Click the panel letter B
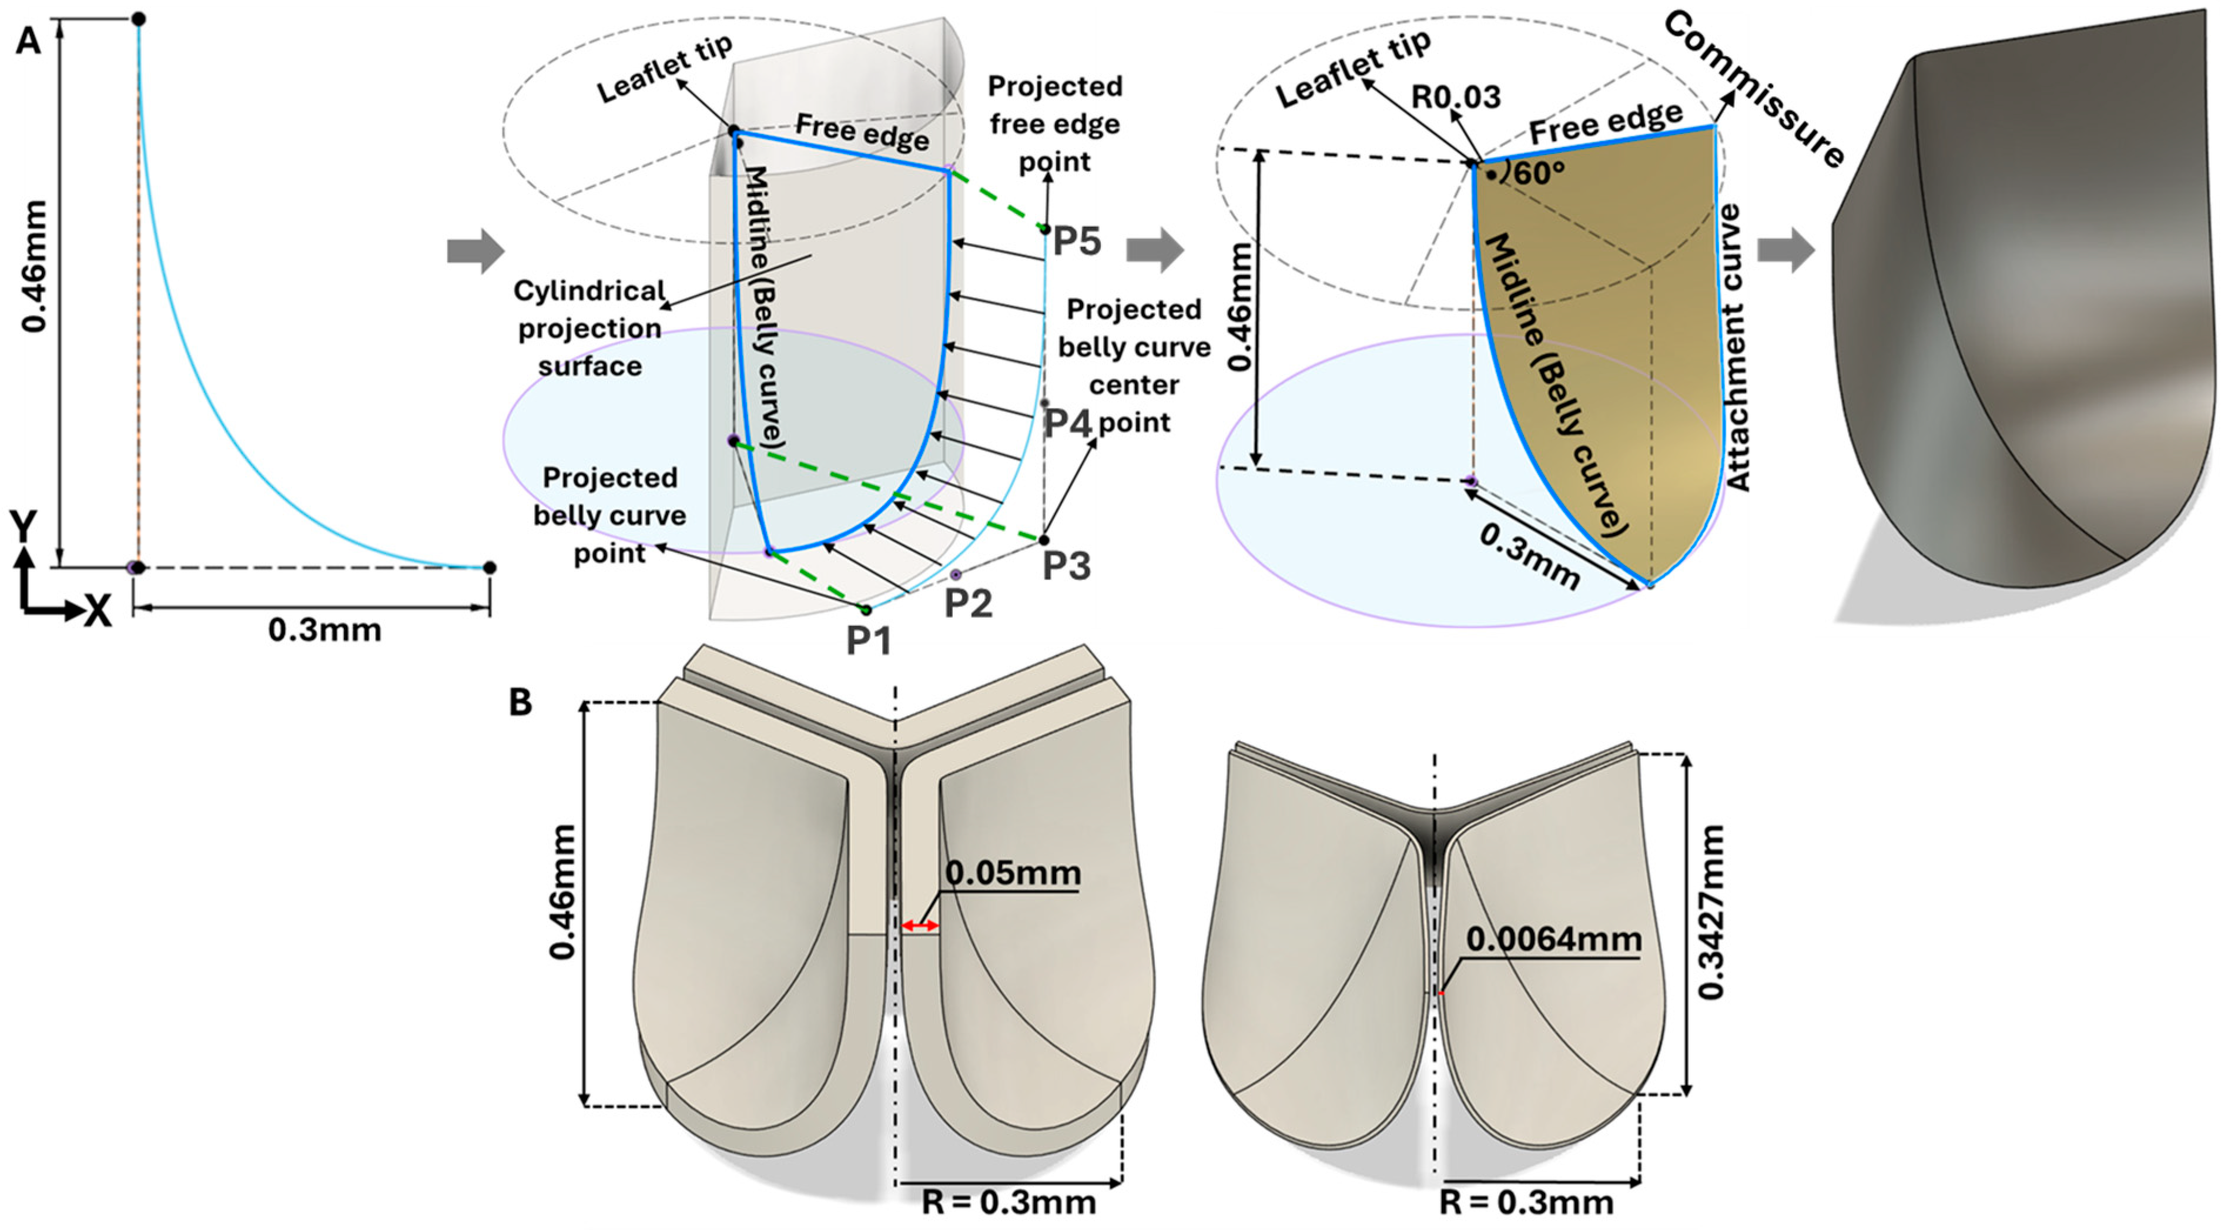tap(520, 702)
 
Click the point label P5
tap(1076, 242)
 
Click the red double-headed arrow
tap(919, 926)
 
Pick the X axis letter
tap(97, 612)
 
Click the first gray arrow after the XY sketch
tap(475, 252)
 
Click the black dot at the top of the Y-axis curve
tap(138, 19)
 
